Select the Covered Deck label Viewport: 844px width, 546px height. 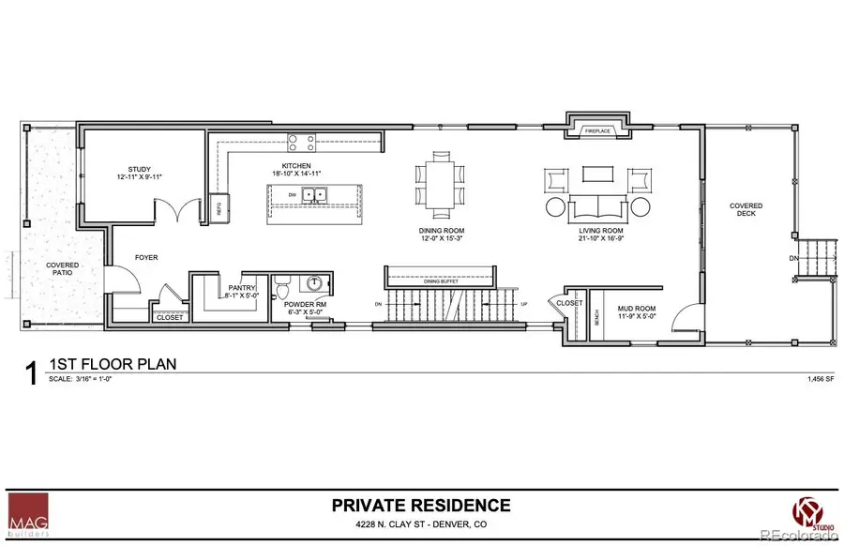click(x=746, y=210)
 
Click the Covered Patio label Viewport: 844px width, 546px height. click(x=63, y=270)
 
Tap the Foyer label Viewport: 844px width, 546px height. click(x=145, y=255)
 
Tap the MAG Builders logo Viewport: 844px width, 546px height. click(x=26, y=515)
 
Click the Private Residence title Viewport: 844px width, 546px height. click(x=421, y=505)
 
